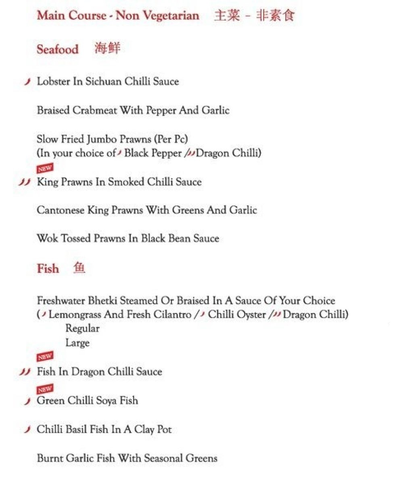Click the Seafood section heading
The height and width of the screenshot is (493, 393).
click(x=57, y=50)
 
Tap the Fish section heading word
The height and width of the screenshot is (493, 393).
click(x=48, y=269)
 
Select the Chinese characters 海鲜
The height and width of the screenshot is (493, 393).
click(x=107, y=49)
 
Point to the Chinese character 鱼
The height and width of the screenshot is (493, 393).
click(x=79, y=268)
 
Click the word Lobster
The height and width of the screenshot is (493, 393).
click(x=53, y=81)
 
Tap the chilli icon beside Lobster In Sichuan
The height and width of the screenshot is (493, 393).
click(x=27, y=82)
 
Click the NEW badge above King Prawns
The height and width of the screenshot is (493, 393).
click(x=45, y=168)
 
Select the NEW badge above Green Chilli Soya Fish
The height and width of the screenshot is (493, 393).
click(x=45, y=389)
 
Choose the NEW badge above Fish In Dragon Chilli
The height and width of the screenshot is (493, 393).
click(x=45, y=357)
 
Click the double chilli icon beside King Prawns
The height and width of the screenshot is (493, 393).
click(x=25, y=182)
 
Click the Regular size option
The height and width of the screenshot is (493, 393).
click(x=82, y=329)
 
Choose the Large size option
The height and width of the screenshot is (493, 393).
click(x=77, y=343)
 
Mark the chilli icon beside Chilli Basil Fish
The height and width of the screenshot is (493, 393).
click(x=27, y=430)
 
